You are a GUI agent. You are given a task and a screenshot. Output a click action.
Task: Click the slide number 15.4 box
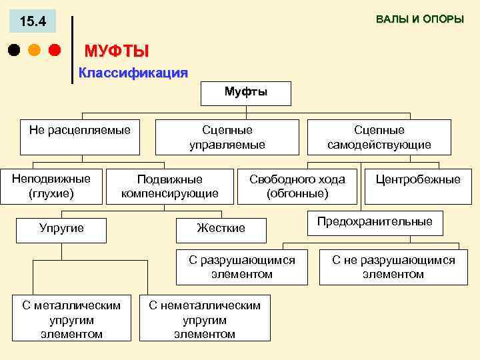pos(33,21)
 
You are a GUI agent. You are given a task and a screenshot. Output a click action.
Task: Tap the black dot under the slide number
pos(13,50)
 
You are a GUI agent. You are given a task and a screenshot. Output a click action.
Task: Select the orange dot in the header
pos(34,50)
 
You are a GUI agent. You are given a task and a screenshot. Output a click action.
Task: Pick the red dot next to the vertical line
pos(55,50)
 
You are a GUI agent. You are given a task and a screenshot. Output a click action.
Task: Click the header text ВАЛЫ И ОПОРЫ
pos(419,19)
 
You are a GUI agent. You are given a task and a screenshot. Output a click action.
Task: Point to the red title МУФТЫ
pos(117,51)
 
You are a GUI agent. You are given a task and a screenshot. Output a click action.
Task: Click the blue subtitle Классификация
pos(133,73)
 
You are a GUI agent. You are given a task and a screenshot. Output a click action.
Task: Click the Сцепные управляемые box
pos(227,137)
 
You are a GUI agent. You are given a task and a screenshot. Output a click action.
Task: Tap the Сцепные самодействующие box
pos(379,137)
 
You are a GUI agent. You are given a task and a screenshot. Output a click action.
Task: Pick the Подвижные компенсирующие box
pos(169,186)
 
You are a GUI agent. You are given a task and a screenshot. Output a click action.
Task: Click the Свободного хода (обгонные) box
pos(297,186)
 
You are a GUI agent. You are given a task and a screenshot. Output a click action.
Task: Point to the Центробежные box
pos(418,180)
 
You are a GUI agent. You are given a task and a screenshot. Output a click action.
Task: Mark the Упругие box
pos(61,228)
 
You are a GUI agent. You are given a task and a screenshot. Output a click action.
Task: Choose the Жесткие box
pos(221,228)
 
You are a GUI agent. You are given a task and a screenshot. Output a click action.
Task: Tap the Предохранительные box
pos(374,222)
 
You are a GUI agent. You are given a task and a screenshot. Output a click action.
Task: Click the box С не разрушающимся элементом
pos(393,267)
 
